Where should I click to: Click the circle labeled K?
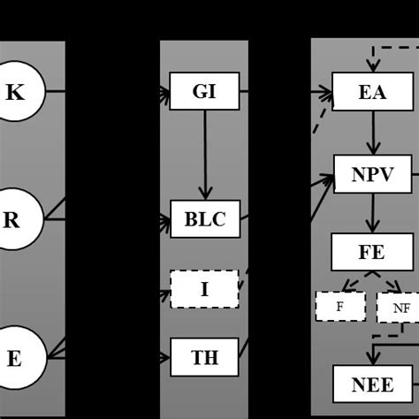pos(16,91)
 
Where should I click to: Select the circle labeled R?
pos(12,218)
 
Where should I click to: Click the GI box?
pos(204,91)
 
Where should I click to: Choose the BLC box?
pos(204,219)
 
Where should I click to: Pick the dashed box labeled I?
pos(204,289)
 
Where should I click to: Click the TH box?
pos(204,357)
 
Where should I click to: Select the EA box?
pos(372,91)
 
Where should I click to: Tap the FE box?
pos(372,252)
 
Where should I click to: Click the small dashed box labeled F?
pos(340,307)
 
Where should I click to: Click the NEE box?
pos(372,384)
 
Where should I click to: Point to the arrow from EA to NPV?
pos(372,133)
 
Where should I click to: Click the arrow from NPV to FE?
pos(372,213)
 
